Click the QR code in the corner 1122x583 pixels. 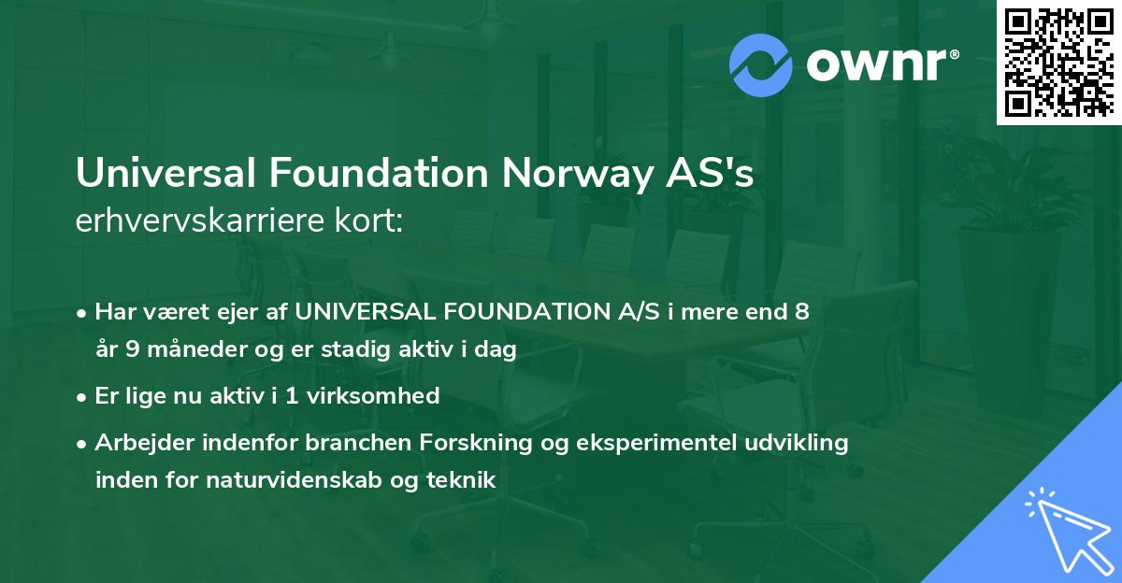1058,62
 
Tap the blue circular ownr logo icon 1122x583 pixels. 761,64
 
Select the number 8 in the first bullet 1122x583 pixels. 801,312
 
